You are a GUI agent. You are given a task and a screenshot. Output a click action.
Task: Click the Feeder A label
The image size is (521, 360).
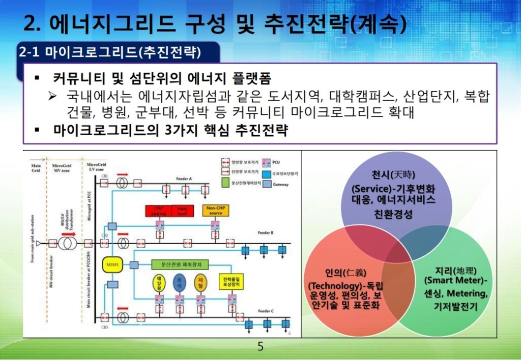tap(183, 179)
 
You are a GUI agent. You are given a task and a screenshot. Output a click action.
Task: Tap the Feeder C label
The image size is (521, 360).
tap(265, 311)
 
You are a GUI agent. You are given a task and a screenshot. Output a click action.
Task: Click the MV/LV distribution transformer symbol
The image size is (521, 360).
tap(67, 244)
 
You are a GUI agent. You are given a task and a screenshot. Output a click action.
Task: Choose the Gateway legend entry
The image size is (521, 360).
tap(280, 185)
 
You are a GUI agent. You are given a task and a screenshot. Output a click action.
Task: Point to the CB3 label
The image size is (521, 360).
tap(104, 327)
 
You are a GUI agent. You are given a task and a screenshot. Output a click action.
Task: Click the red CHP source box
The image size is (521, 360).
tap(159, 210)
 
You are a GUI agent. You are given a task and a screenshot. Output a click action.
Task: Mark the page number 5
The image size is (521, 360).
tap(260, 347)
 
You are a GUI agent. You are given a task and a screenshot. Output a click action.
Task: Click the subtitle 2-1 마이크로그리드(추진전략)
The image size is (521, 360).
tap(110, 52)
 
